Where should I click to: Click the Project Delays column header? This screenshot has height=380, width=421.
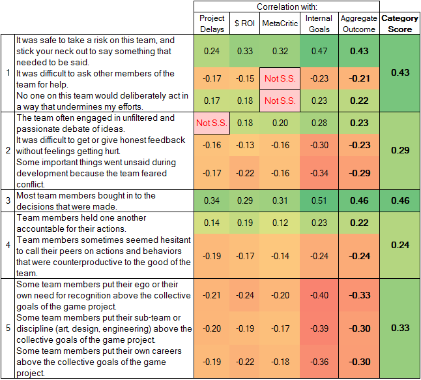pos(212,24)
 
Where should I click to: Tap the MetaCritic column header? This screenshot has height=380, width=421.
pos(280,24)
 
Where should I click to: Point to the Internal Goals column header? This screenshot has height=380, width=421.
pos(319,24)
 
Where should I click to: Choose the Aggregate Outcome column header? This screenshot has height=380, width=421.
pos(358,24)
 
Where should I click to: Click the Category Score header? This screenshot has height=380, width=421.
pos(399,24)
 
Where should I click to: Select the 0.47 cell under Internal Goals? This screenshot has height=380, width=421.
pos(319,50)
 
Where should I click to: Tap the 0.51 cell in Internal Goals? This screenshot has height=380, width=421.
pos(319,200)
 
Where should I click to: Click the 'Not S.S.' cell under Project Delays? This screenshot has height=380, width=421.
pos(212,123)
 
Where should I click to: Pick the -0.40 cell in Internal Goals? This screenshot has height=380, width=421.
pos(319,295)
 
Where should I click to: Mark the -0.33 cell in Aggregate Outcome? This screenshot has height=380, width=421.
pos(358,295)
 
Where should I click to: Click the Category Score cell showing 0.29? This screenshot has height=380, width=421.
pos(399,151)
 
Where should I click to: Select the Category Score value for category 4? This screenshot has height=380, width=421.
pos(399,245)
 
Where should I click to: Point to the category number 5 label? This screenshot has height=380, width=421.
pos(7,328)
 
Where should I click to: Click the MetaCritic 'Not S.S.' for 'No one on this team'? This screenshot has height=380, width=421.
pos(280,101)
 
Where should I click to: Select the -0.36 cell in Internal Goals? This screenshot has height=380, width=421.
pos(319,362)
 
